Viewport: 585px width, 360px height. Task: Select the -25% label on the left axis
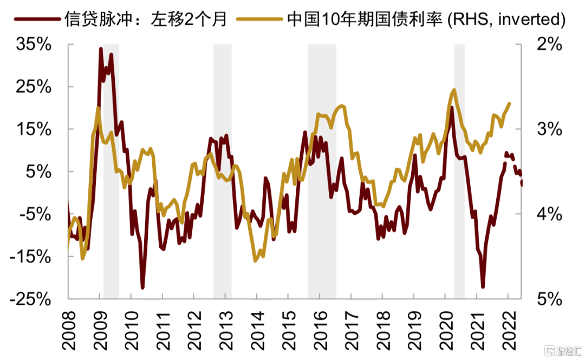pos(30,299)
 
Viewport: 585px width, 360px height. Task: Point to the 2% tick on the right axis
pos(549,45)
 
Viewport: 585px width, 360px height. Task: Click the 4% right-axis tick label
pos(549,214)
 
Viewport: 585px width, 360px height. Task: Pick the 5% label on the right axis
pos(549,299)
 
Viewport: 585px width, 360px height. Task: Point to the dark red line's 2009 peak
pos(101,49)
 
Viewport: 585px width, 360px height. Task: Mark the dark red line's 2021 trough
pos(483,287)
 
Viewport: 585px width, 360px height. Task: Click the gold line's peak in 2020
pos(453,90)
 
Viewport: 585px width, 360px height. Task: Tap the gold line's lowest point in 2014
pos(256,261)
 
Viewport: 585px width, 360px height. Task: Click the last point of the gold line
pos(509,103)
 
